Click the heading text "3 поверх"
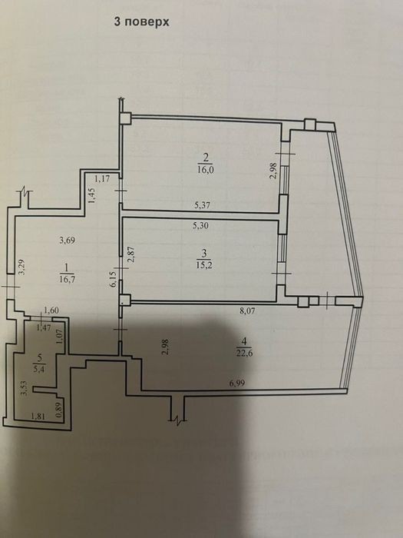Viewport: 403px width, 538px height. [x=141, y=22]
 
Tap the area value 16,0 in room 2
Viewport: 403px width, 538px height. [x=206, y=170]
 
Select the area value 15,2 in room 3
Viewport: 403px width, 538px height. [x=204, y=265]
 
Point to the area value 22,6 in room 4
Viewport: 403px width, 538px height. [x=244, y=353]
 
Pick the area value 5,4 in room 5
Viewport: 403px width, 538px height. [x=40, y=370]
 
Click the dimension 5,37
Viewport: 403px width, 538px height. [x=202, y=205]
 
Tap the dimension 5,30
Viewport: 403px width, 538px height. [x=200, y=226]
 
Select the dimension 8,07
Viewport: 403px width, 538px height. [x=247, y=311]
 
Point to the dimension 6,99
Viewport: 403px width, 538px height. [x=237, y=384]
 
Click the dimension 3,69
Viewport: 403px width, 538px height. [x=67, y=240]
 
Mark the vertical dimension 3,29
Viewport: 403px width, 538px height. [x=22, y=267]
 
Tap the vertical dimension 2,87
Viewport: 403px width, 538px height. [x=130, y=254]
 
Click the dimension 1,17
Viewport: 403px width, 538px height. [x=102, y=178]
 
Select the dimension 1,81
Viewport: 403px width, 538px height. [x=38, y=417]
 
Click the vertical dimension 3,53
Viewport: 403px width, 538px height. [x=24, y=389]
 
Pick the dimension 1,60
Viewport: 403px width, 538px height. [x=51, y=311]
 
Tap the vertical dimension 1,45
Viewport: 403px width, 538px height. [x=93, y=195]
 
